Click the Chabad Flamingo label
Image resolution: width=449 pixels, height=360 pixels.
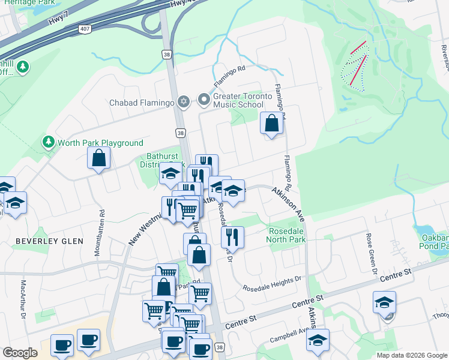141,103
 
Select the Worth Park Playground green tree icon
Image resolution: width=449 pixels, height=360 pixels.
48,142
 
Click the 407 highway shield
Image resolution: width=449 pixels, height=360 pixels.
85,29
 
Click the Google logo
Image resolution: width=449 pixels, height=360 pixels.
20,353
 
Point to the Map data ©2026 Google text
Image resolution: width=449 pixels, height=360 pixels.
411,355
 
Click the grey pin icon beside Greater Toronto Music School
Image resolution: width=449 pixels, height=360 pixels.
204,99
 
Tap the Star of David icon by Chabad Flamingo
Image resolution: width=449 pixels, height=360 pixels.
183,103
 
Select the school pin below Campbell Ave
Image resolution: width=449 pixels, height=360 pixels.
318,340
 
